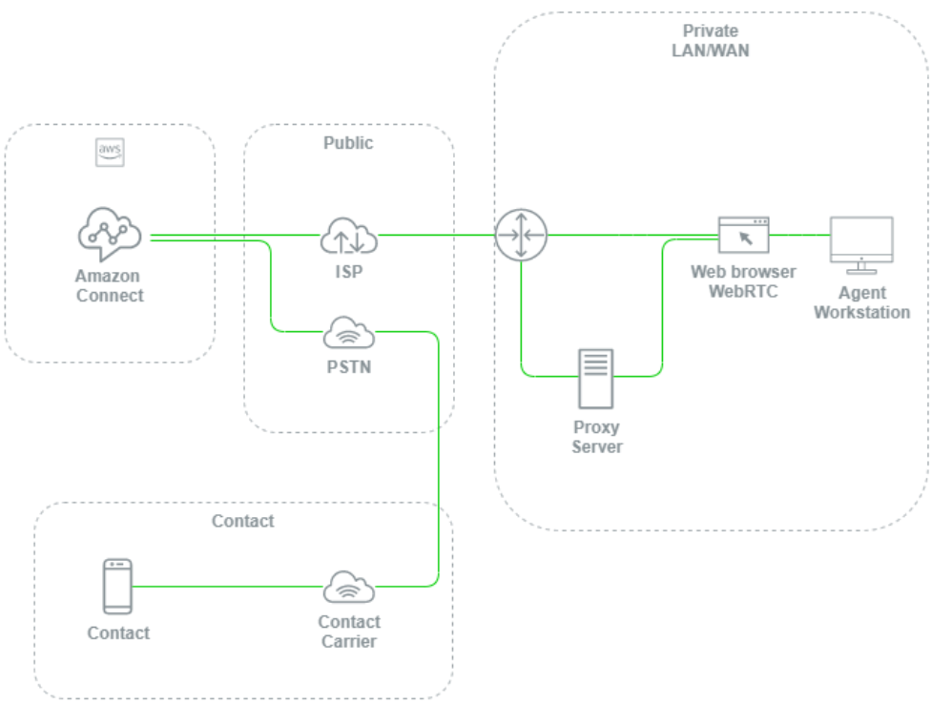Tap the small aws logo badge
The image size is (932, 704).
[x=110, y=153]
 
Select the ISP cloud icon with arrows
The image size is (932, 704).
[x=348, y=237]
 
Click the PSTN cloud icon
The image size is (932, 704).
[x=348, y=334]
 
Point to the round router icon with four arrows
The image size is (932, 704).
[x=521, y=235]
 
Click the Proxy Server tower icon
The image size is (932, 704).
[x=596, y=379]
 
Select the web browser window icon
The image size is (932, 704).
[x=743, y=235]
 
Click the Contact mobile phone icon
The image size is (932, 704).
[x=117, y=587]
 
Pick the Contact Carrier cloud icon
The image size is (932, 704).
[x=348, y=588]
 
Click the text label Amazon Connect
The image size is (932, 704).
[x=109, y=286]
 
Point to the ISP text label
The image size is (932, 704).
[x=348, y=272]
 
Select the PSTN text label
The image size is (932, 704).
[x=348, y=366]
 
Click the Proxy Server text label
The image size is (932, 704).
[x=596, y=437]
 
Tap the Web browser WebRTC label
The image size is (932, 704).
[x=743, y=281]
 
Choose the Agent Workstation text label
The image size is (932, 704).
[x=861, y=302]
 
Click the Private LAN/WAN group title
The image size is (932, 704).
[x=710, y=41]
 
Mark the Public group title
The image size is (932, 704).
[x=348, y=143]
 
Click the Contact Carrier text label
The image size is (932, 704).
[x=348, y=632]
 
